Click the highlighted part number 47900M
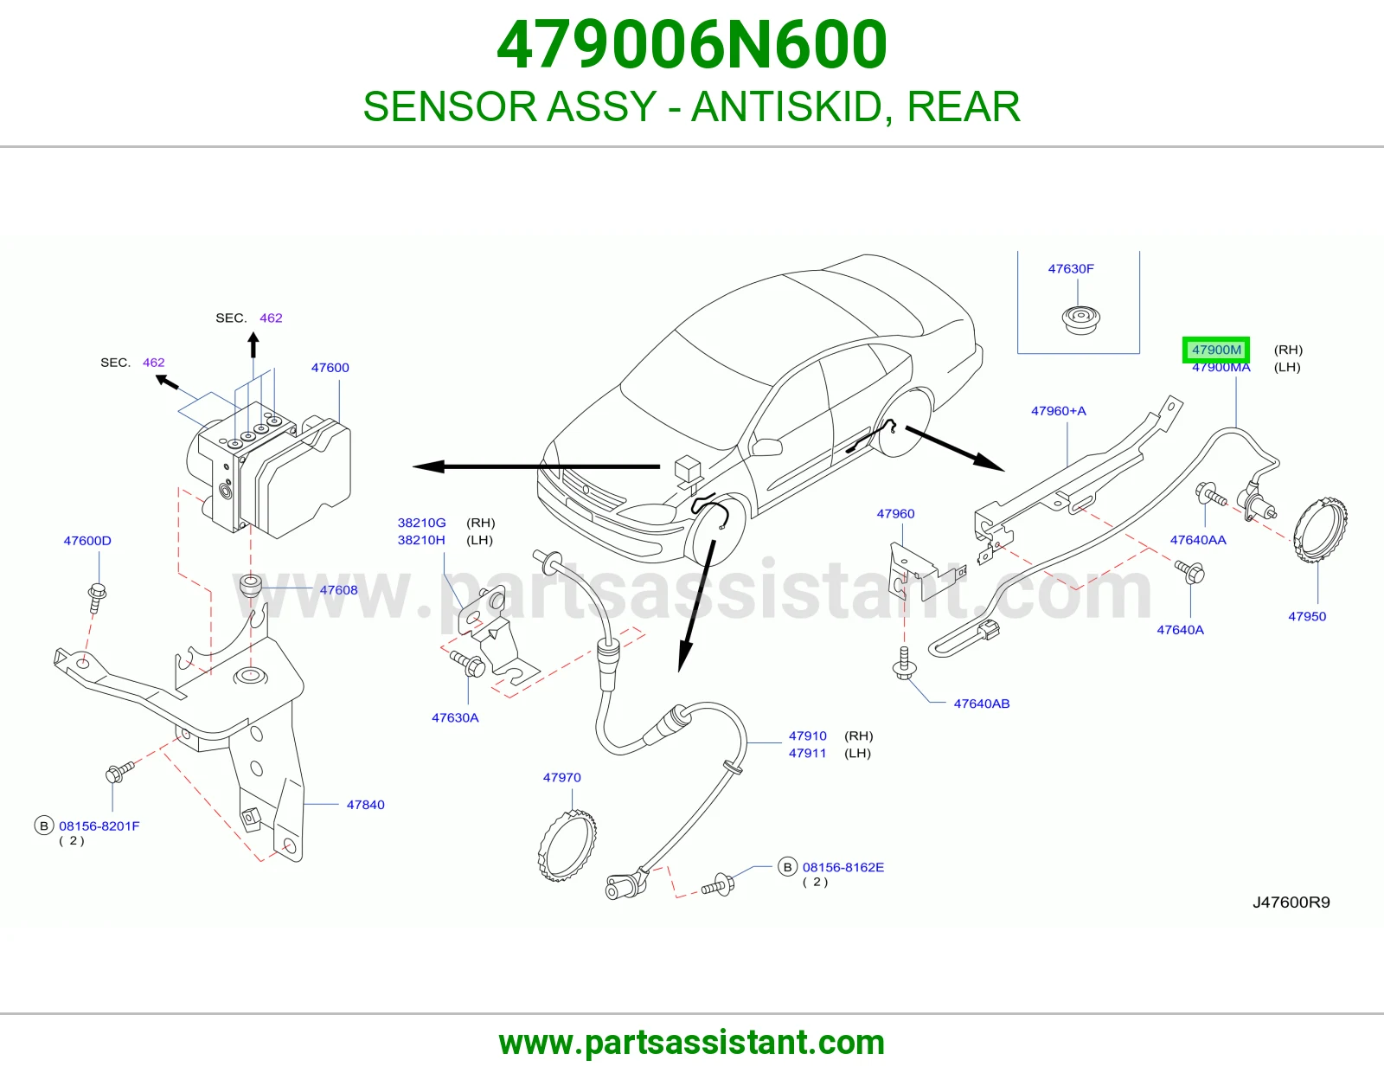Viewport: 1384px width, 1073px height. (1216, 350)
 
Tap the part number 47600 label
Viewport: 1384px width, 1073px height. (330, 368)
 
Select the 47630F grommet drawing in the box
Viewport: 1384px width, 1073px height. (1081, 318)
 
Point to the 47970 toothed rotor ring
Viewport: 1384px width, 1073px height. (567, 845)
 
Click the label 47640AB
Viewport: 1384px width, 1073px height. (982, 704)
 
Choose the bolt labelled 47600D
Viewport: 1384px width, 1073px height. (97, 597)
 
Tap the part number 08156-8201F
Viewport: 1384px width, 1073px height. (99, 826)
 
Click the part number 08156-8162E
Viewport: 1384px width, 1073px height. (843, 867)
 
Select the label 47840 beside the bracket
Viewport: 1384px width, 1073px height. (366, 805)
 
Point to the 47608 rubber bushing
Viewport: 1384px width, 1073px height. (250, 586)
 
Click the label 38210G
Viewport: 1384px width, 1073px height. (421, 523)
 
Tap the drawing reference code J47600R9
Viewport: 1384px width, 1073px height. (1291, 903)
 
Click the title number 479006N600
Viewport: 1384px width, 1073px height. (692, 45)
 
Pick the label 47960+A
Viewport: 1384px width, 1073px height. (1059, 411)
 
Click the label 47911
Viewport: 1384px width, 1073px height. (808, 753)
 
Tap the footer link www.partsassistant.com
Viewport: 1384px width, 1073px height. (692, 1043)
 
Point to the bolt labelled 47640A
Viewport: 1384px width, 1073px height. (1189, 571)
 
